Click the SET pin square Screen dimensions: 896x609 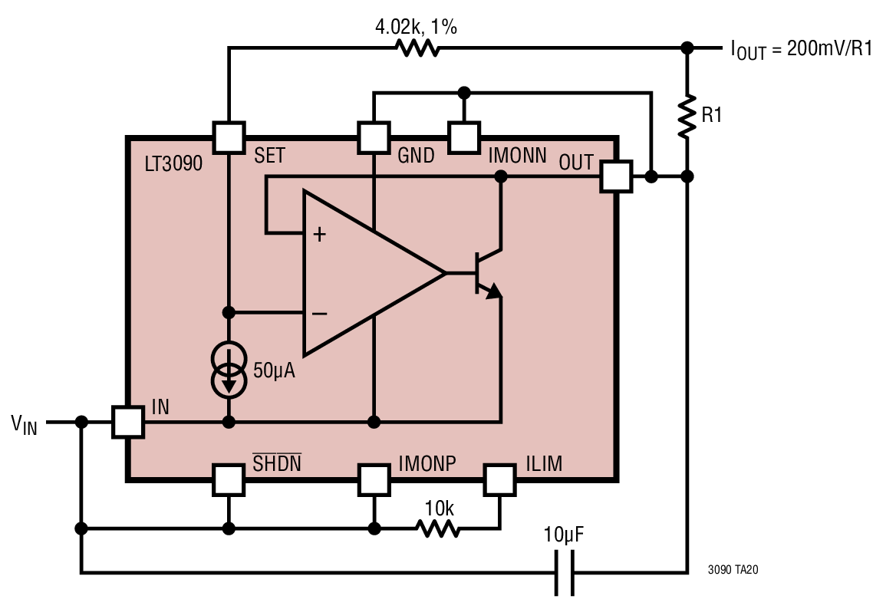[x=229, y=138]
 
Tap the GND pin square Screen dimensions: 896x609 [x=374, y=138]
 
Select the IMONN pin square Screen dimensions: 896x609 [x=464, y=138]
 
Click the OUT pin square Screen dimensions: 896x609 [x=617, y=176]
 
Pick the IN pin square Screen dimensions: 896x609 [x=127, y=422]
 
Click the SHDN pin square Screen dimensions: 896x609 [x=229, y=480]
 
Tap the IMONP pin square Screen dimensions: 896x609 [x=374, y=480]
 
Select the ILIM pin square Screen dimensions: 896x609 [x=500, y=480]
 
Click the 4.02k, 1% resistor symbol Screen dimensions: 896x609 [x=418, y=48]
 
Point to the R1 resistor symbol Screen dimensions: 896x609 [x=687, y=116]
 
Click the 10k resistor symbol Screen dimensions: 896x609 [x=438, y=528]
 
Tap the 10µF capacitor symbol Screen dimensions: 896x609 [x=564, y=572]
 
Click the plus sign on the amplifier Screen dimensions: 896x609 [x=319, y=234]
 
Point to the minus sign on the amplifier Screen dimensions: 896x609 [x=319, y=313]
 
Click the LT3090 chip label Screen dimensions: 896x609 [x=173, y=164]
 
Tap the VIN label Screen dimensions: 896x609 [x=24, y=424]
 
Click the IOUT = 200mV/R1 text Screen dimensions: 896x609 [x=802, y=49]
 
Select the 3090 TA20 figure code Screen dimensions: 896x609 [x=733, y=570]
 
